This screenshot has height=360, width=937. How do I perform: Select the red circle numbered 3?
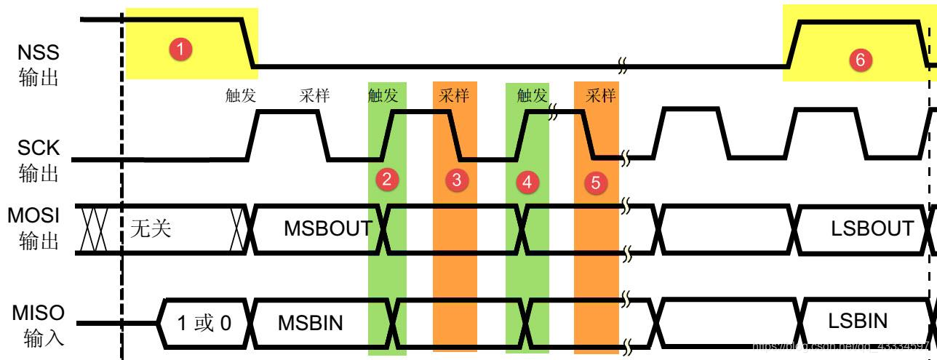(456, 180)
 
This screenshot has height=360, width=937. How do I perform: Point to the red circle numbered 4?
(526, 181)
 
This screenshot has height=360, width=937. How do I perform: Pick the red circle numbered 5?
(595, 183)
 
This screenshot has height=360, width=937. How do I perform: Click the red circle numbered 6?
(859, 60)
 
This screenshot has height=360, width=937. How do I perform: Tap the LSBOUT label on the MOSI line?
(871, 228)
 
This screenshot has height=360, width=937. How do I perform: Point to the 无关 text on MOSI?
(150, 231)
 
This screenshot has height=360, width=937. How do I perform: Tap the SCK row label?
(38, 158)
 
